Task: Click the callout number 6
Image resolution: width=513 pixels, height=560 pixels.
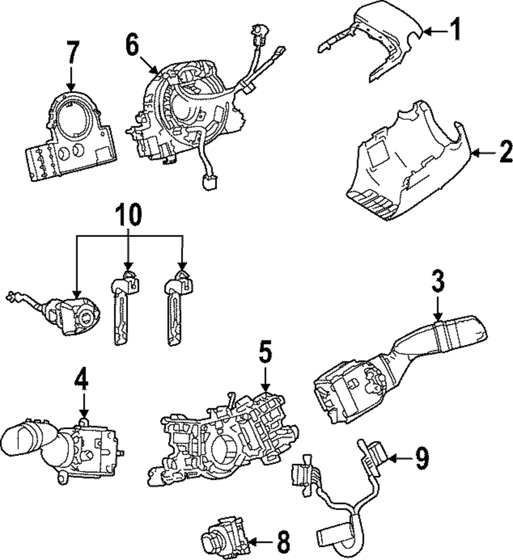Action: coord(132,47)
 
